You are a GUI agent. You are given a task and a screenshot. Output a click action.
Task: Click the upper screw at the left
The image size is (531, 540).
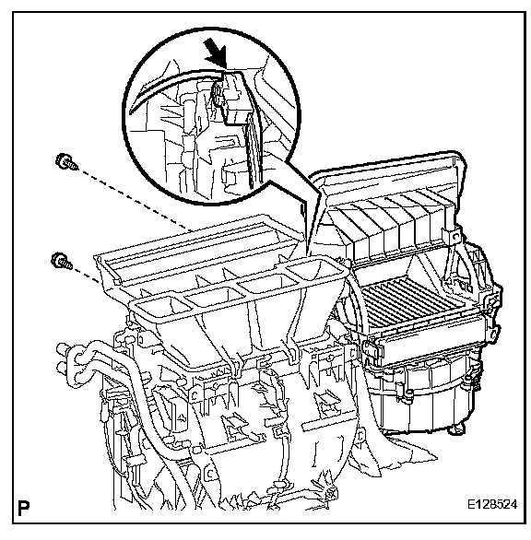point(66,162)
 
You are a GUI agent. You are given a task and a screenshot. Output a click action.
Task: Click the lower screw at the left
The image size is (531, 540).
point(62,261)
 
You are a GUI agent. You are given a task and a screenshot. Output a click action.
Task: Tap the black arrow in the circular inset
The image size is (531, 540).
point(216,53)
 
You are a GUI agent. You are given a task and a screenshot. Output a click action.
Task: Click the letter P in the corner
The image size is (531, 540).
point(23,508)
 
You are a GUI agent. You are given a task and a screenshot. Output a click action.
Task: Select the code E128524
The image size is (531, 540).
point(491,505)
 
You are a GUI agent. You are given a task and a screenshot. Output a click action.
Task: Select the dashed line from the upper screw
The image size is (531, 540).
point(136,200)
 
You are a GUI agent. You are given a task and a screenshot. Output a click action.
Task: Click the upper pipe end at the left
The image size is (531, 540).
point(63,348)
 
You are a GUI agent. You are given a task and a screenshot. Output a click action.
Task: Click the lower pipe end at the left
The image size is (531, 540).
point(64,367)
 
